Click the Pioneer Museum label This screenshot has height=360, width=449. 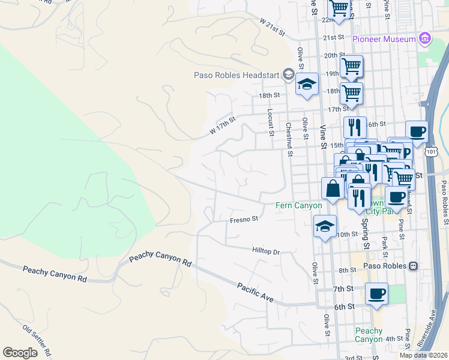click(384, 39)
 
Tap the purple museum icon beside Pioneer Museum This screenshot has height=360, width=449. click(425, 39)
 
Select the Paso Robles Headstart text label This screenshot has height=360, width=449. click(238, 75)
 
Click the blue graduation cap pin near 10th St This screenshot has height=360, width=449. click(325, 227)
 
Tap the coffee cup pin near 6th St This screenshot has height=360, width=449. click(376, 293)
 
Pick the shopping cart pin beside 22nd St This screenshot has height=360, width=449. click(339, 8)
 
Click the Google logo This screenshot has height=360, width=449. click(20, 353)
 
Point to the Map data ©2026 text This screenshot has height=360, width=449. click(424, 355)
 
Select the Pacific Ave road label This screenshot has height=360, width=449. click(255, 292)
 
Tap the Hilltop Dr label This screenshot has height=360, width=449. click(266, 251)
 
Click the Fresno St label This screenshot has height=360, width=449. click(244, 220)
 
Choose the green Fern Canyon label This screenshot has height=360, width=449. click(299, 205)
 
